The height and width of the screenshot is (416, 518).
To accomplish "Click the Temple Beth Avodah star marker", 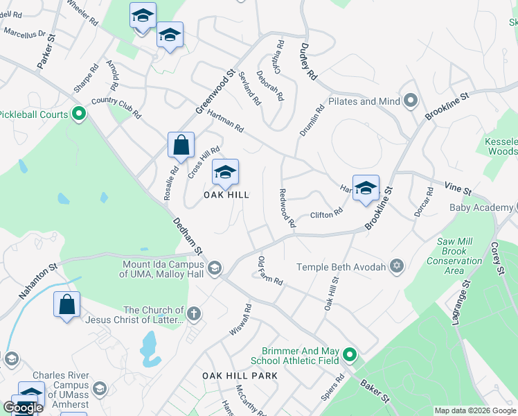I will (397, 267).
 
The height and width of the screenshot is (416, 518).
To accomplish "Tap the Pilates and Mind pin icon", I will (410, 101).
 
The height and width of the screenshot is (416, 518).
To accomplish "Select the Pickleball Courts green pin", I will (78, 114).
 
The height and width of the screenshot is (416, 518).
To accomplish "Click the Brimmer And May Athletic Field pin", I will (350, 356).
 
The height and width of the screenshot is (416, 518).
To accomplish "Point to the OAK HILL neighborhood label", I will (226, 195).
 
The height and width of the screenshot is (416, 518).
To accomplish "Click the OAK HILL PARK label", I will (240, 376).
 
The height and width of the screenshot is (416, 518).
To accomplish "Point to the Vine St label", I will (458, 189).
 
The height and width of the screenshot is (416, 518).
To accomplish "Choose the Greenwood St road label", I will (215, 92).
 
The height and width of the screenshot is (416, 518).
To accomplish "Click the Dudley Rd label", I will (308, 61).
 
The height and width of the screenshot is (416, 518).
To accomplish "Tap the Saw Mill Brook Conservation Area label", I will (455, 256).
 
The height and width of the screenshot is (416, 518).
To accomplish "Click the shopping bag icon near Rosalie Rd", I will (181, 146).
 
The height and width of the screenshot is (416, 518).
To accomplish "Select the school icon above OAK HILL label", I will (225, 173).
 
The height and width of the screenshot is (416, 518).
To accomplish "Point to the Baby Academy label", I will (479, 207).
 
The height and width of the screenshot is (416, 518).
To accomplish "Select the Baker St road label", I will (374, 392).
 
